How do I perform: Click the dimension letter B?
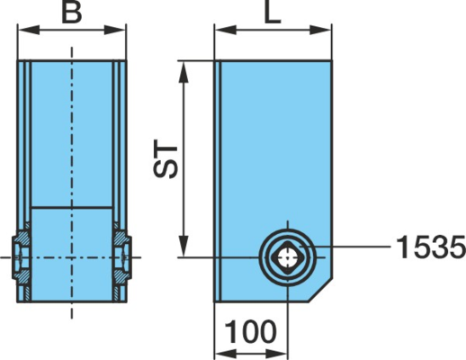point(72,13)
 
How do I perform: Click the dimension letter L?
point(273,13)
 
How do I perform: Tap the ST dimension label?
point(166,158)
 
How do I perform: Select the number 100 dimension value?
point(250,331)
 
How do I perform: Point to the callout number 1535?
point(431,247)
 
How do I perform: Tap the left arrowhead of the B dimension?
point(29,30)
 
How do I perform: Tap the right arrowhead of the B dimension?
point(115,30)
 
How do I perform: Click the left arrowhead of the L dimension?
point(226,30)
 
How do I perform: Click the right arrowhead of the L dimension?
point(320,30)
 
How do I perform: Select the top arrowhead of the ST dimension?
point(184,72)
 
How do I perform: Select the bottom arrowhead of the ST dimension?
point(184,247)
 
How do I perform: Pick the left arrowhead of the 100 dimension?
point(226,353)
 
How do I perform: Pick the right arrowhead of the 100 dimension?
point(276,353)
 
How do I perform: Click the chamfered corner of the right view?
point(320,290)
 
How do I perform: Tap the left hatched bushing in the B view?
point(21,257)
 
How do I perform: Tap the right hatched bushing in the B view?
point(122,257)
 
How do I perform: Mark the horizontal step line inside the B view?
point(72,207)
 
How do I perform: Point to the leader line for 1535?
point(347,247)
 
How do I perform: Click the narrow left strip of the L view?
point(218,181)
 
